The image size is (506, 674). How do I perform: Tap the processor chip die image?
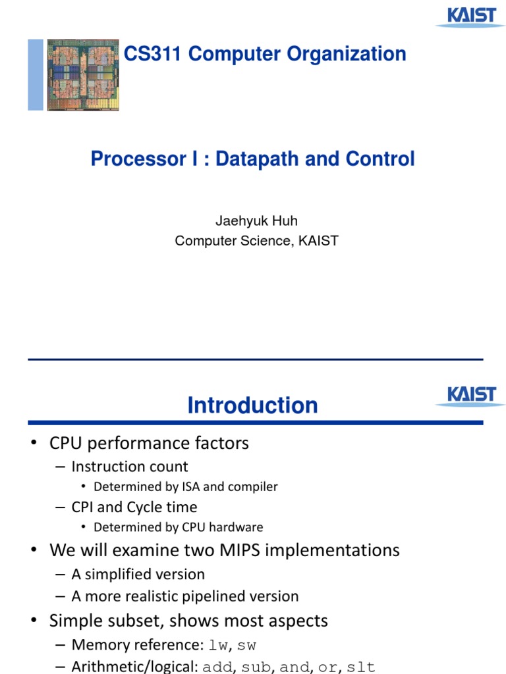[83, 74]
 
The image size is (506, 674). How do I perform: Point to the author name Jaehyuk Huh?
[256, 220]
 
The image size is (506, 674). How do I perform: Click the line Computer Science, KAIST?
[256, 241]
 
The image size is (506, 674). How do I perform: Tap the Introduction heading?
[252, 405]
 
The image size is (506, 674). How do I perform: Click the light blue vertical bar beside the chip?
[36, 74]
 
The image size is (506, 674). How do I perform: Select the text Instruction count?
[129, 467]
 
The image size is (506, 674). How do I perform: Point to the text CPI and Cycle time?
[134, 507]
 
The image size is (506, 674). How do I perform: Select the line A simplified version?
[138, 575]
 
